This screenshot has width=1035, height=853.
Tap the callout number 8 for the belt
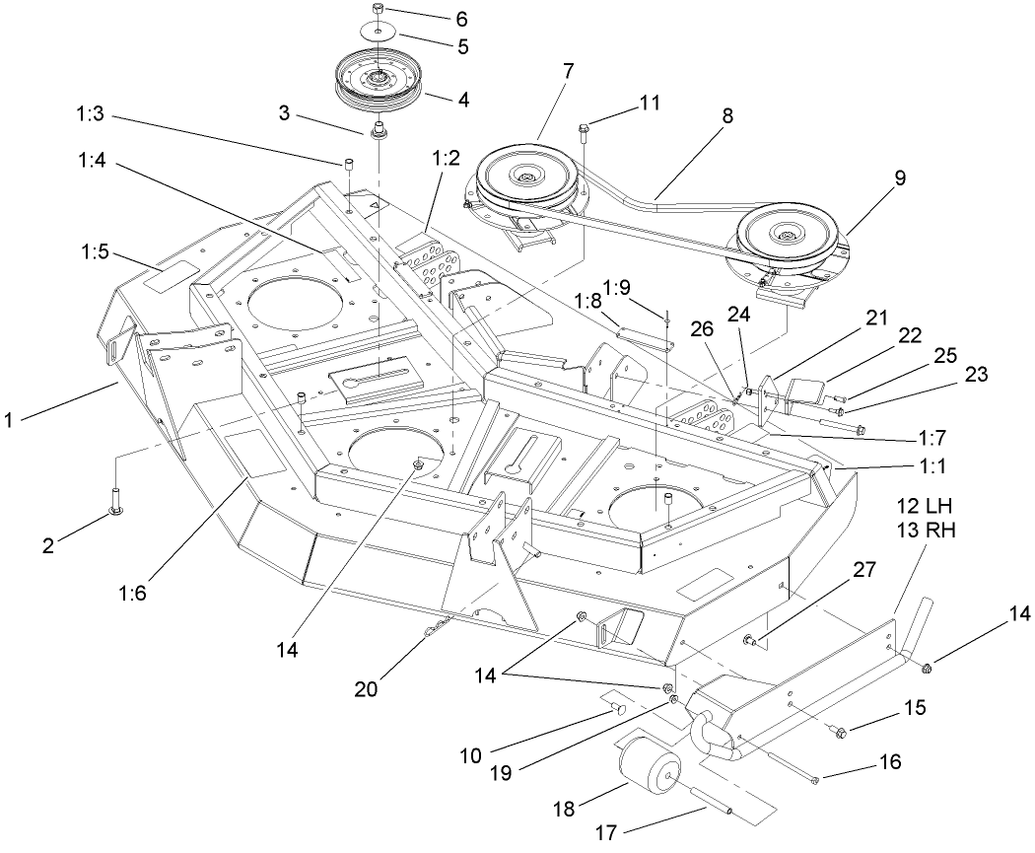coord(727,114)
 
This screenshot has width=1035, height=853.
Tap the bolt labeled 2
coord(115,496)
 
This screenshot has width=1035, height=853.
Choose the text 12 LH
coord(925,506)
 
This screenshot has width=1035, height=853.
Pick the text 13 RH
coord(925,530)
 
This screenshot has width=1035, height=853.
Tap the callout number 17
coord(607,833)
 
